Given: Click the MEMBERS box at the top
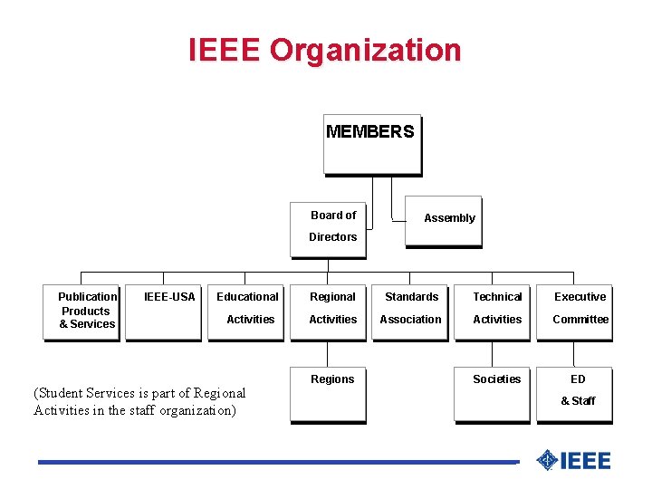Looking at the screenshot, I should click(x=371, y=143).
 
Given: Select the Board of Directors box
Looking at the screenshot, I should click(x=328, y=228).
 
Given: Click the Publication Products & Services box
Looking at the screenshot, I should click(x=81, y=312).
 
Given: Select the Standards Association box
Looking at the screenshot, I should click(x=411, y=312).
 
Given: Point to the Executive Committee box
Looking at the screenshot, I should click(x=575, y=312).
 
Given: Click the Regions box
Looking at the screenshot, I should click(x=328, y=394).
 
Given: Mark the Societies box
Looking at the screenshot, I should click(x=493, y=394).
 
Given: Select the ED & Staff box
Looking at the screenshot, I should click(x=575, y=394).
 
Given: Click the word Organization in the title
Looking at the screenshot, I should click(x=366, y=50).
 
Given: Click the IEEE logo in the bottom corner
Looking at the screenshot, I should click(x=573, y=461).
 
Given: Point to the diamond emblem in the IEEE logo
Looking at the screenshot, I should click(x=546, y=461).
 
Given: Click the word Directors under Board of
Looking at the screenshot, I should click(x=332, y=237).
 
